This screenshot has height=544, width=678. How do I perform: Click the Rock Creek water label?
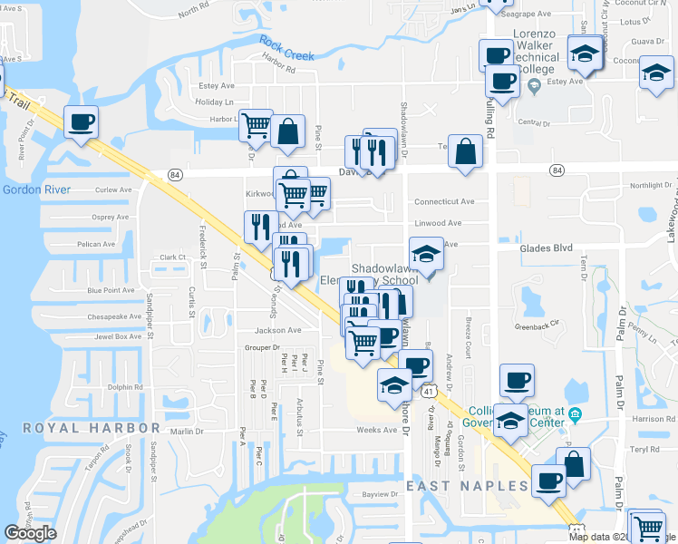(x=286, y=48)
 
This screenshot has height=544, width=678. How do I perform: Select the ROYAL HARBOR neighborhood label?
(x=91, y=428)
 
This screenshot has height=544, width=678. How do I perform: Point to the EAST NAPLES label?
(x=467, y=487)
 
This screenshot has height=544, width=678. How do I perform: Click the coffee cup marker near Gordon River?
(x=81, y=122)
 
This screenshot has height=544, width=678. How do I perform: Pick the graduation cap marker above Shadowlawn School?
(x=426, y=254)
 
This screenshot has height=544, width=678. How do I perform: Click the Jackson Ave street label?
(x=277, y=330)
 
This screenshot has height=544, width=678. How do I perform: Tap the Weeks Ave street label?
(x=377, y=430)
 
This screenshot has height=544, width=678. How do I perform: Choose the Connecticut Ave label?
(x=444, y=202)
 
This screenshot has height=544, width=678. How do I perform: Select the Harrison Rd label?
(x=649, y=419)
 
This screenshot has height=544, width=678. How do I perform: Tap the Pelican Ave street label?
(x=96, y=244)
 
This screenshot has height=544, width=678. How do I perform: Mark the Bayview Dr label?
(x=380, y=494)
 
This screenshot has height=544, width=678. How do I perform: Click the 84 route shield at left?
(x=175, y=173)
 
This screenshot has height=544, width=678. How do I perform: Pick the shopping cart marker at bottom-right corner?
(x=647, y=527)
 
